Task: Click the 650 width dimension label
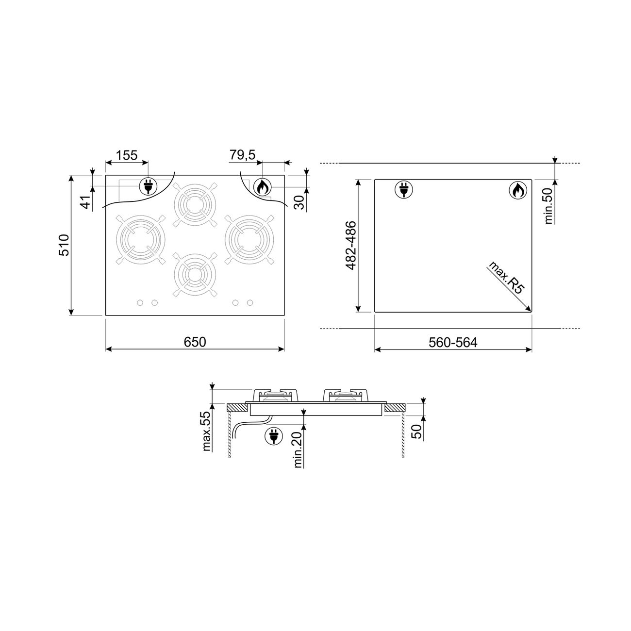pyautogui.click(x=195, y=342)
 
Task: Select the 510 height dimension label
pyautogui.click(x=64, y=245)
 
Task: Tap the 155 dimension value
pyautogui.click(x=127, y=155)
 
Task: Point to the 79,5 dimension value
pyautogui.click(x=242, y=155)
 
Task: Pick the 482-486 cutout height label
pyautogui.click(x=351, y=245)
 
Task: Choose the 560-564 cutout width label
pyautogui.click(x=453, y=342)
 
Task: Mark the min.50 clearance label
pyautogui.click(x=548, y=206)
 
